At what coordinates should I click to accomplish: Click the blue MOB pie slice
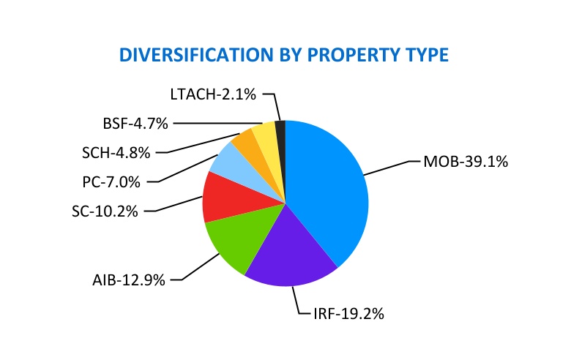329,190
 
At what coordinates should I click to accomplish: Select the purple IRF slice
289,256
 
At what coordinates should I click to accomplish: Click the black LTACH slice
280,128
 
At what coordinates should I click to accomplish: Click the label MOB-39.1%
466,161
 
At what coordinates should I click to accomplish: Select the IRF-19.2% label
343,314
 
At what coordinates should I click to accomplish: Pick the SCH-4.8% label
116,153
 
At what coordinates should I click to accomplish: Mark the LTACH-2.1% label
213,94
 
